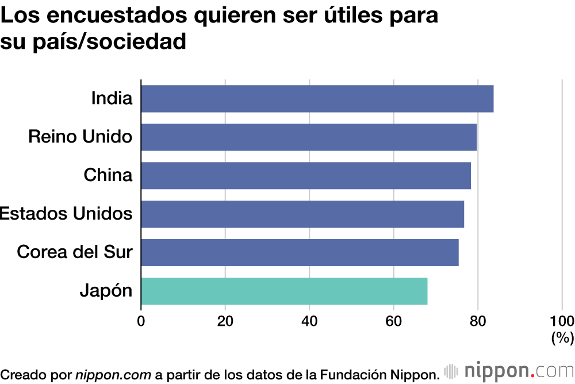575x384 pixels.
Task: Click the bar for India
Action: coord(317,98)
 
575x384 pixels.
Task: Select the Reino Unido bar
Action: coord(309,137)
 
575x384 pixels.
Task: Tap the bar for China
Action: coord(306,175)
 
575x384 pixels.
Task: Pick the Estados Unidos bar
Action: coord(302,214)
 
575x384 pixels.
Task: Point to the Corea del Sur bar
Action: coord(300,252)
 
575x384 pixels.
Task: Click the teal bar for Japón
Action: coord(284,291)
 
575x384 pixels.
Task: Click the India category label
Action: coord(112,98)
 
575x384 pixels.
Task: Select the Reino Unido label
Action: coord(80,137)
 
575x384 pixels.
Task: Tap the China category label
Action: coord(108,175)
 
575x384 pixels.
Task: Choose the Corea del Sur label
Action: coord(75,252)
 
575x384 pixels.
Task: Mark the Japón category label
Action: coord(106,291)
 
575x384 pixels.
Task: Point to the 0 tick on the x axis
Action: coord(141,321)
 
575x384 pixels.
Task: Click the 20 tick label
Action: coord(225,321)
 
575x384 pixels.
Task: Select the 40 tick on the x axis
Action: coord(309,321)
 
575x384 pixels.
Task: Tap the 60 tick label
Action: coord(394,321)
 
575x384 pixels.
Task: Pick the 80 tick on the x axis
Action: coord(478,321)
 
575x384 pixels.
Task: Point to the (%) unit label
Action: coord(562,338)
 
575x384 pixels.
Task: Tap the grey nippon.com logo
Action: coord(509,371)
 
